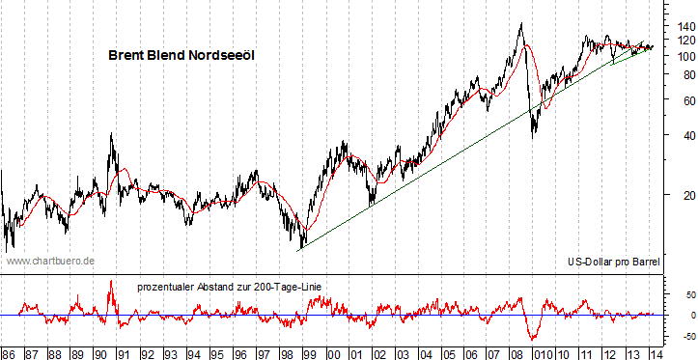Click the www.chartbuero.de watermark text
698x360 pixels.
tap(49, 261)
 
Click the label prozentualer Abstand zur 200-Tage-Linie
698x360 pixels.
tap(229, 286)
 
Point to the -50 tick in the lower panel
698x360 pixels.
tap(677, 336)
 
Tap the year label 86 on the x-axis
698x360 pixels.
tap(9, 352)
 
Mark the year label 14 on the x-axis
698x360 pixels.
tap(654, 352)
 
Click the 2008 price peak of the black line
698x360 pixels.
tap(521, 22)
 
